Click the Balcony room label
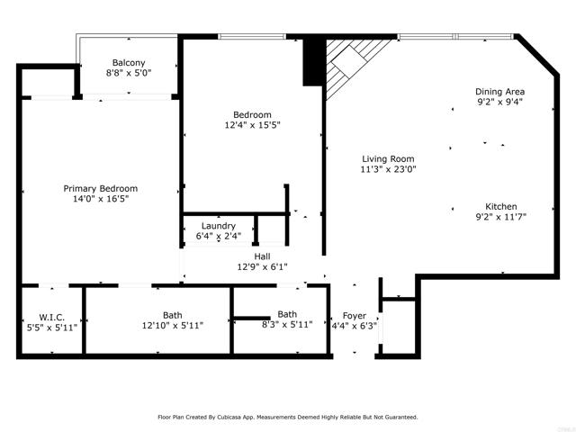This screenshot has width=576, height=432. [x=129, y=63]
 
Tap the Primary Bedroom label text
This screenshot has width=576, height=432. [x=101, y=188]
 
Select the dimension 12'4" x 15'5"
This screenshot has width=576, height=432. [x=252, y=125]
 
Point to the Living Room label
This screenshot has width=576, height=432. [x=388, y=159]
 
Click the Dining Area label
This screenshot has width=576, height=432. [x=500, y=92]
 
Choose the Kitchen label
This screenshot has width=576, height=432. [x=501, y=206]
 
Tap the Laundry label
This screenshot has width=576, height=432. [x=219, y=226]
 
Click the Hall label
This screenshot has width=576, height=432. [x=262, y=256]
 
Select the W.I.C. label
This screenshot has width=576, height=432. [x=52, y=317]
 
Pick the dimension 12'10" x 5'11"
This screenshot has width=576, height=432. [x=173, y=326]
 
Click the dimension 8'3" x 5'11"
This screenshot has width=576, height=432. [x=287, y=325]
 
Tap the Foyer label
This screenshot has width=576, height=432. [x=355, y=316]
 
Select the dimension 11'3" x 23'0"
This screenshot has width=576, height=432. [x=388, y=169]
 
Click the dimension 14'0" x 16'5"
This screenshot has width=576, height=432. [x=101, y=199]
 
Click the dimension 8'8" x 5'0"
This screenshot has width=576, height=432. [x=129, y=73]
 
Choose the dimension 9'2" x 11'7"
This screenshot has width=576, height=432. [x=501, y=217]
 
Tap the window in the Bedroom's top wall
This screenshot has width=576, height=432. [x=252, y=36]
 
